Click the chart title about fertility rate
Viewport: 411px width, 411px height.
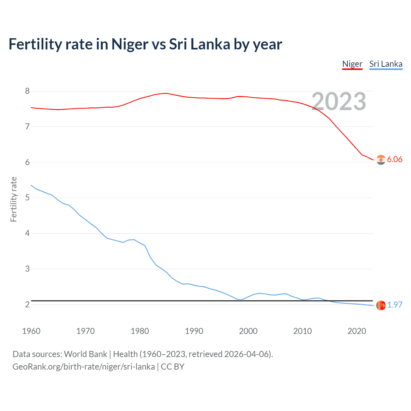coord(145,44)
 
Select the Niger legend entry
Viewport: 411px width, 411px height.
coord(352,64)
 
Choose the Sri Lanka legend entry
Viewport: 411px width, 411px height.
coord(386,64)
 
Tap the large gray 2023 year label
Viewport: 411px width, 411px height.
coord(339,101)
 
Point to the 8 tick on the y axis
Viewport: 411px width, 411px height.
coord(27,91)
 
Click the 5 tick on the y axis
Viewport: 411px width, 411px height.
coord(27,198)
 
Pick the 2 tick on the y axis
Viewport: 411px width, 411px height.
coord(27,304)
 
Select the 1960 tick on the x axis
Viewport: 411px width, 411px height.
coord(31,331)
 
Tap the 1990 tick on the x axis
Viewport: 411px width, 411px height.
coord(194,331)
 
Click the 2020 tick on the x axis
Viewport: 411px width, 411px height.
coord(357,331)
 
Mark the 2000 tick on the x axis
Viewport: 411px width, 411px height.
coord(248,331)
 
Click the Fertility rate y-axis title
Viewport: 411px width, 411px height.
coord(13,199)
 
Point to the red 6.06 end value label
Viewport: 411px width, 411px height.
coord(395,160)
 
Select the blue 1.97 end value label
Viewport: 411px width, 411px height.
coord(395,305)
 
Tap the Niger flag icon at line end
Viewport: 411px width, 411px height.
coord(381,160)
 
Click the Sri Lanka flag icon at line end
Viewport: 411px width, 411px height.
coord(381,305)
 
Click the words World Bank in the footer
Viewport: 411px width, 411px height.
coord(85,354)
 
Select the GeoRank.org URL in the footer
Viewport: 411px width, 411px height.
coord(83,367)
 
